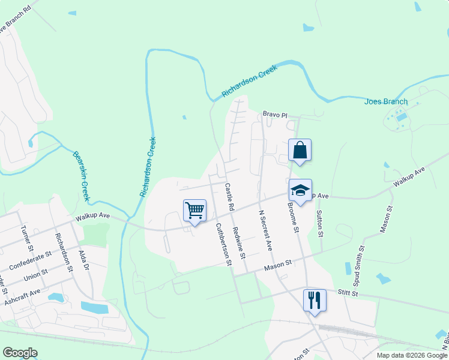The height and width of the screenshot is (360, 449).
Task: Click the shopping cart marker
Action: (x=194, y=211)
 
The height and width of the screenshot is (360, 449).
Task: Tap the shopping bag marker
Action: (x=300, y=151)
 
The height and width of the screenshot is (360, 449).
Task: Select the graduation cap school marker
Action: (x=300, y=191)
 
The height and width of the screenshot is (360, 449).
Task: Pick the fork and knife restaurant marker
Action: (x=315, y=299)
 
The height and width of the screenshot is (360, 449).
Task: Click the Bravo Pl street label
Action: (x=276, y=114)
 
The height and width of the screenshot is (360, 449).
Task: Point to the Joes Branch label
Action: (x=386, y=101)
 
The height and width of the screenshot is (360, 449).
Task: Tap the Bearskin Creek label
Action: (x=81, y=175)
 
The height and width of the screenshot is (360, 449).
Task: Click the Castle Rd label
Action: (x=229, y=196)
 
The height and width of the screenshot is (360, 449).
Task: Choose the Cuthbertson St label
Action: (x=223, y=244)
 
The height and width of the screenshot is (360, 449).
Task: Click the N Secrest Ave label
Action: (x=265, y=230)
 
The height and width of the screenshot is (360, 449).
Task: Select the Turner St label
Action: (x=25, y=238)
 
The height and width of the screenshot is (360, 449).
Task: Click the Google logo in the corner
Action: (x=20, y=353)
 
